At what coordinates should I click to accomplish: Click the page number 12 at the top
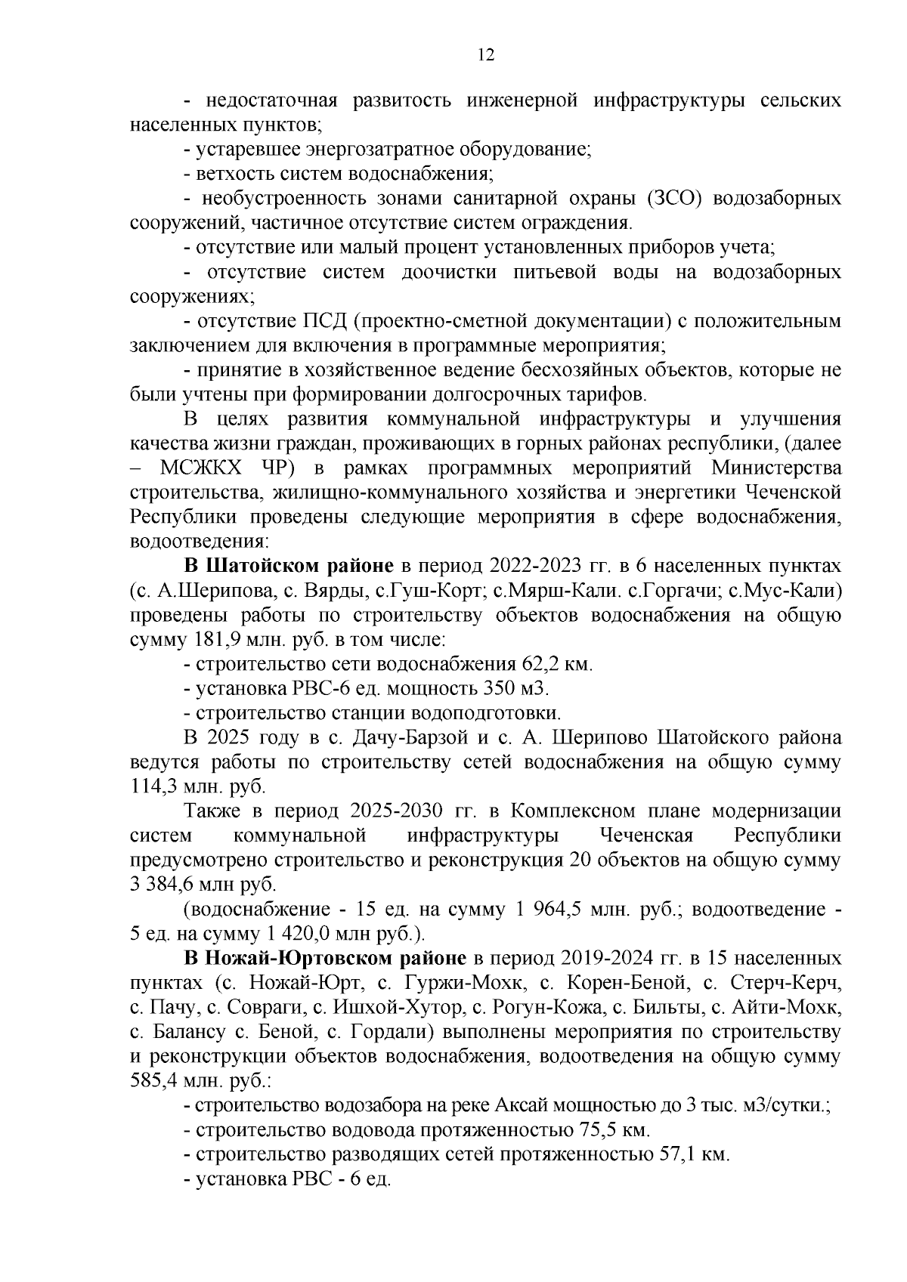pos(485,55)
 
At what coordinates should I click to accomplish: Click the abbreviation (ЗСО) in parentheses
pos(675,199)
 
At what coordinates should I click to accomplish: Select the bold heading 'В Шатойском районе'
pos(289,566)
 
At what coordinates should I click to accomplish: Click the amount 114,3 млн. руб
pos(198,786)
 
